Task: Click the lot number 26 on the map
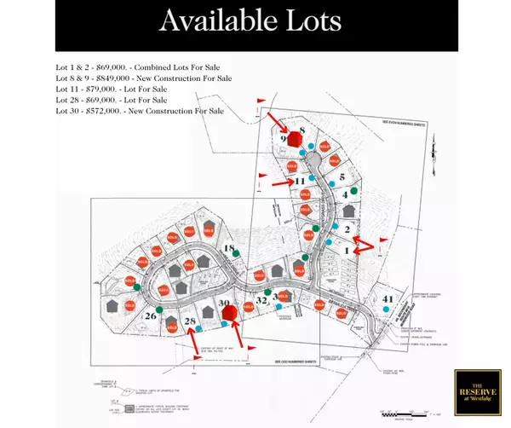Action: (x=151, y=315)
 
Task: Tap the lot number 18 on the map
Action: (x=229, y=248)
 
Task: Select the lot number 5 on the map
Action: (x=342, y=176)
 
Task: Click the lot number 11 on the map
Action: (x=299, y=181)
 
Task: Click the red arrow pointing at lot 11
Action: (x=280, y=182)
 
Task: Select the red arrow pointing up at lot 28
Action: (x=198, y=341)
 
